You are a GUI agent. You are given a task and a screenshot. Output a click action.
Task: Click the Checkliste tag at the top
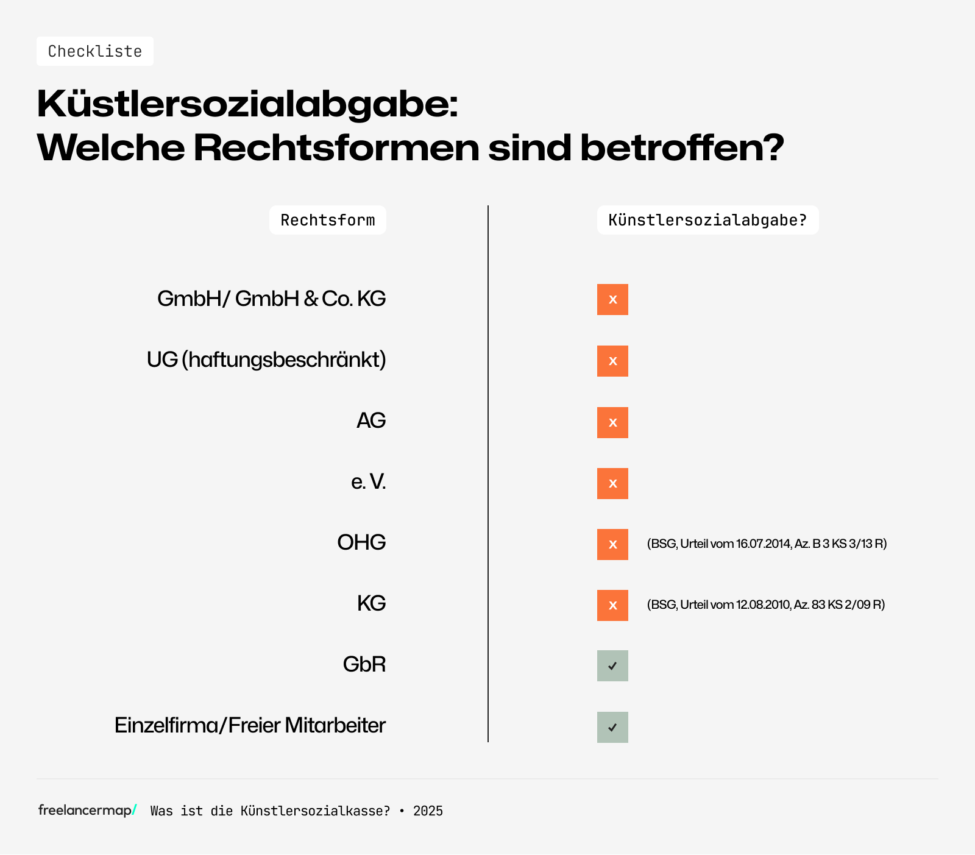(x=94, y=51)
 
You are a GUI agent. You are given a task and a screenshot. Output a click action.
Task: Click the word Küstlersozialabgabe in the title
(x=247, y=104)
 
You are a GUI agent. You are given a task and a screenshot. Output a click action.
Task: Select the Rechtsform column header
(x=328, y=220)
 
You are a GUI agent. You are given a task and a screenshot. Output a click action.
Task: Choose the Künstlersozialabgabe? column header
(x=707, y=220)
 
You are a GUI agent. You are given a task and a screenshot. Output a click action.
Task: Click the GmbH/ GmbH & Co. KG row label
(x=271, y=299)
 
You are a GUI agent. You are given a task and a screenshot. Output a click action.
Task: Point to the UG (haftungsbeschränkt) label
(x=266, y=360)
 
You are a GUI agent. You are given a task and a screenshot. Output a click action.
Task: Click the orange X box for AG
(x=612, y=422)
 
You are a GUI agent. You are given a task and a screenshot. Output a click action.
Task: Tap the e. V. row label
(x=368, y=482)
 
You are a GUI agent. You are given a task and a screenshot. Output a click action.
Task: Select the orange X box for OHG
(x=612, y=544)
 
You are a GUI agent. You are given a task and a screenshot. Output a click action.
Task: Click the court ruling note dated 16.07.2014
(x=767, y=544)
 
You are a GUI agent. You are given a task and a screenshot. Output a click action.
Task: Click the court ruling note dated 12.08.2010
(x=765, y=605)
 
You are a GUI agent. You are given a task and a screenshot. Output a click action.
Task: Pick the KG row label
(x=371, y=603)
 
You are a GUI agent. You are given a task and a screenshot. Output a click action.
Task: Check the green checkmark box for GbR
(x=612, y=665)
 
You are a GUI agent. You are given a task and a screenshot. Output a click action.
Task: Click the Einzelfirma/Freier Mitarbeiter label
(x=250, y=725)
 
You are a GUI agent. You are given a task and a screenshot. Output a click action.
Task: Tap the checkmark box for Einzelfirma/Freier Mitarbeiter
(x=612, y=727)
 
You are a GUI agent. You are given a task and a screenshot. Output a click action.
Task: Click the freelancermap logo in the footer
(x=87, y=810)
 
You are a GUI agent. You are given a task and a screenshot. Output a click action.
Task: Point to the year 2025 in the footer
(x=428, y=811)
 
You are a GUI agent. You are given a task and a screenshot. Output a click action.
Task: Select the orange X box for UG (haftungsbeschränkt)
(x=612, y=361)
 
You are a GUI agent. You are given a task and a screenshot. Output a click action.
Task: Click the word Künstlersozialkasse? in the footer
(x=315, y=811)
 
